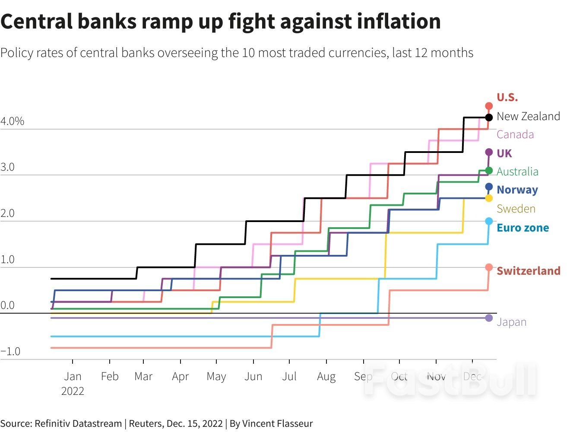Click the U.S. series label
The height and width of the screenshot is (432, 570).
[507, 97]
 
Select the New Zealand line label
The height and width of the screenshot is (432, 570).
[528, 116]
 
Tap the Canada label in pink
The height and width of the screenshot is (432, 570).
[515, 134]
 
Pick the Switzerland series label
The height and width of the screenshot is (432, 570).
[528, 271]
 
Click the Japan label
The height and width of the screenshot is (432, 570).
[511, 322]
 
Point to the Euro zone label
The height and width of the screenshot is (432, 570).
[522, 228]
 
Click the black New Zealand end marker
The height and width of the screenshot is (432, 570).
[489, 117]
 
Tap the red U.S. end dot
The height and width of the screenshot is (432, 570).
[489, 106]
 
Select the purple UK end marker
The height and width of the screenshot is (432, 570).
[489, 152]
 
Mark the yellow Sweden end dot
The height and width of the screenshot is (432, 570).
[489, 198]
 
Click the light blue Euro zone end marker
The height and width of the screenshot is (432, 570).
[489, 221]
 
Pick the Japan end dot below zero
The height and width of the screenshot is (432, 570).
[489, 318]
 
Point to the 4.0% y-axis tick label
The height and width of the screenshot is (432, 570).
[12, 121]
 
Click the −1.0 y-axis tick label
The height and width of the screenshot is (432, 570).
[10, 351]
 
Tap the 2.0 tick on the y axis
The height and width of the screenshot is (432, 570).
[7, 213]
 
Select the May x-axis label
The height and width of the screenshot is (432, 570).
[216, 376]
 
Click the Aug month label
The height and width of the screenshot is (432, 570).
[326, 376]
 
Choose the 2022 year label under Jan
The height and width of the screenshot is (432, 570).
[73, 391]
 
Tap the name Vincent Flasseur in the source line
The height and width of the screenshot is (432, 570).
[277, 423]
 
